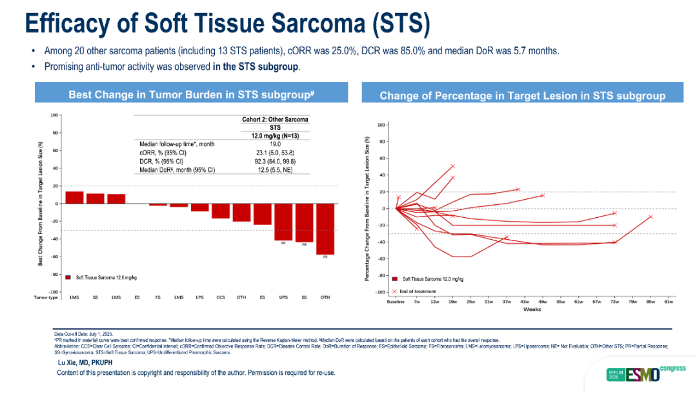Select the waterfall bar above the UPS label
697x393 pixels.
(283, 222)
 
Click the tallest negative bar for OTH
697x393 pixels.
(325, 229)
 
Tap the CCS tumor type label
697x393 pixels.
(221, 297)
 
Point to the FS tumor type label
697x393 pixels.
(158, 297)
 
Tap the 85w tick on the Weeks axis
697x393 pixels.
(651, 301)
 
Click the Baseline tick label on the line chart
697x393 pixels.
(396, 301)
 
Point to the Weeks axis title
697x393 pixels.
(532, 309)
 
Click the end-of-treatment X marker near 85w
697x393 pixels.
(651, 217)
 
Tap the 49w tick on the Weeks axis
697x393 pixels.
(542, 301)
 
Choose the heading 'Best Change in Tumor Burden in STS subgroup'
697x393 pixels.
(191, 94)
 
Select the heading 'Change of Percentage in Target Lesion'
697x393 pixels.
(522, 96)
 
